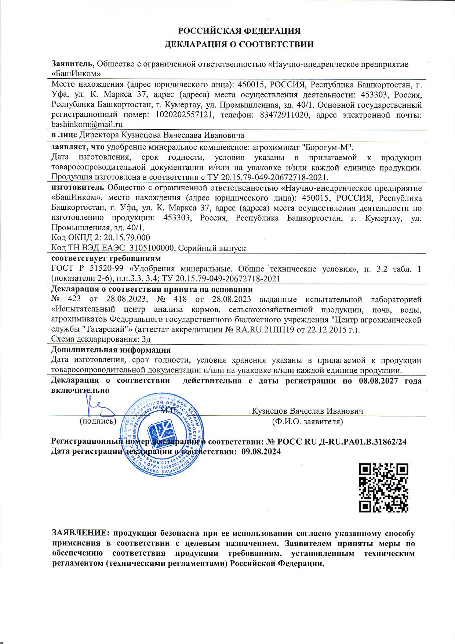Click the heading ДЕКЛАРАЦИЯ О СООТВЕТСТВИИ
click(239, 45)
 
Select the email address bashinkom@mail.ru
click(87, 124)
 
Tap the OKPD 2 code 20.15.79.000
click(127, 238)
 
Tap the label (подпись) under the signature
click(98, 421)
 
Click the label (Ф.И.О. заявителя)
click(307, 421)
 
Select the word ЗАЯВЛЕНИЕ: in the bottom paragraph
click(81, 533)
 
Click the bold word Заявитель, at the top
click(73, 64)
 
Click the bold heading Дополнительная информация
click(111, 350)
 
